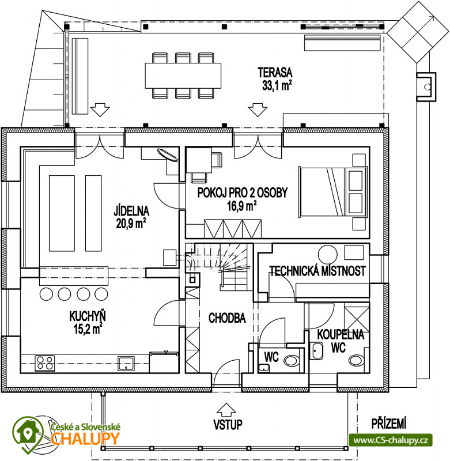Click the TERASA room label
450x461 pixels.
click(275, 73)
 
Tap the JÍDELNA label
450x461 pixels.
click(131, 211)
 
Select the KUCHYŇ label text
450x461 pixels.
click(88, 316)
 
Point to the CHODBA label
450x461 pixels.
click(227, 318)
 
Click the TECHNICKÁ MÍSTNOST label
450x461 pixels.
click(317, 271)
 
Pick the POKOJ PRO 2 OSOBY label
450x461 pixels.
click(242, 193)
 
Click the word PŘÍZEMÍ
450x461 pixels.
click(389, 424)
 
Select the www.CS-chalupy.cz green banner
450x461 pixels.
click(390, 440)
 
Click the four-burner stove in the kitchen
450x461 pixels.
click(45, 363)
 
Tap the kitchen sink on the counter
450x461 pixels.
click(126, 364)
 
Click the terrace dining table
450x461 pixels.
click(183, 75)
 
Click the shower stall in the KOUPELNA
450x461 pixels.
click(357, 319)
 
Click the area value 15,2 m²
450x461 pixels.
click(88, 329)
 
